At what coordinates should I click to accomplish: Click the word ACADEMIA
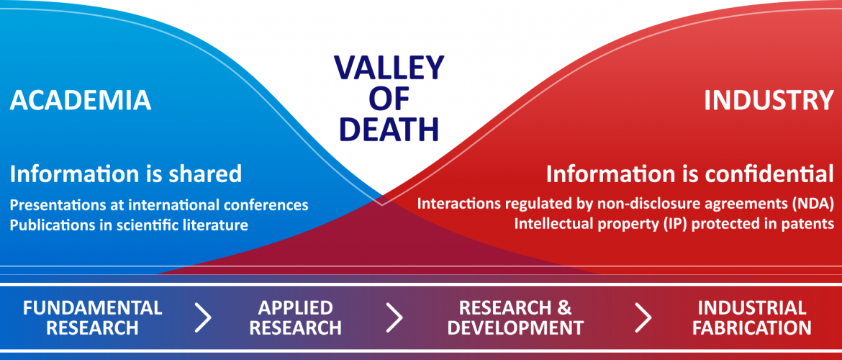81,101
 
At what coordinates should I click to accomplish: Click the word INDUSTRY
769,101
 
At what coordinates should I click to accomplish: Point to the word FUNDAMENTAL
92,308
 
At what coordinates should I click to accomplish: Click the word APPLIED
295,308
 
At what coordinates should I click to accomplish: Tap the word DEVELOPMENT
515,327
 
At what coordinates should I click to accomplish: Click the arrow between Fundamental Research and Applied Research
204,318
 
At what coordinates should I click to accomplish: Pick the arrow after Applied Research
394,318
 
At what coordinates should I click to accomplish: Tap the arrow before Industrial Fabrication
643,318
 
